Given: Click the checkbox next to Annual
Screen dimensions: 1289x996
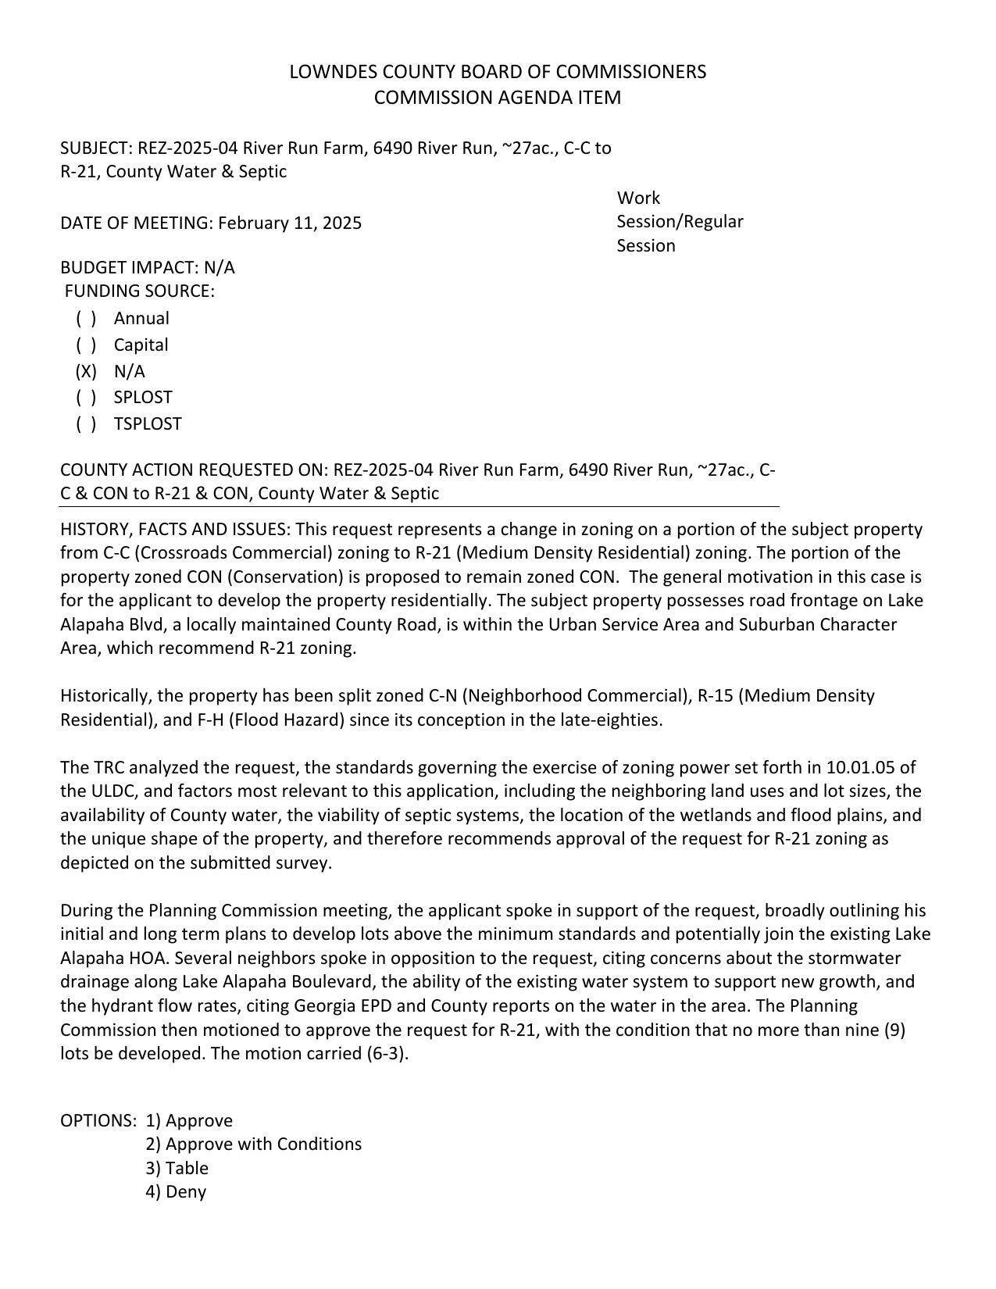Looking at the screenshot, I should pos(87,319).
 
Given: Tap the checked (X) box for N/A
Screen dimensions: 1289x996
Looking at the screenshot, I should pos(87,371).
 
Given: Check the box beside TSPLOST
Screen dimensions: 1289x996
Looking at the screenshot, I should pos(87,424).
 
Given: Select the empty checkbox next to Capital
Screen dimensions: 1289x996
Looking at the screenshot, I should pos(87,345).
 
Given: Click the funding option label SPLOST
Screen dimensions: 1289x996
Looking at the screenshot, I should pos(142,398).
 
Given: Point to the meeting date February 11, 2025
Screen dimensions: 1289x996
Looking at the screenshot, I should pos(290,223).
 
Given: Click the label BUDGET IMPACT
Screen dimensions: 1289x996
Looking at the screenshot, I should pos(129,268).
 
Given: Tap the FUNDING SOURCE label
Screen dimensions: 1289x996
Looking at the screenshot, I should pos(139,291).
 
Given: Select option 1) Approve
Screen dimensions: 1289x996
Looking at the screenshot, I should pos(189,1121).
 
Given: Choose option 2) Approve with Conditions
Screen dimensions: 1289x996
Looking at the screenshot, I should pos(253,1144).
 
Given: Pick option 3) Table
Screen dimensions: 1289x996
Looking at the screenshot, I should pos(177,1169).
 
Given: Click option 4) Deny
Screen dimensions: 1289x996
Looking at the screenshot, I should pos(176,1192).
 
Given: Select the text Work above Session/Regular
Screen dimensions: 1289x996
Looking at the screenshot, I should pos(638,198).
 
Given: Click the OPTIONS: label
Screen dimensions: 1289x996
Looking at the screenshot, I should pos(98,1121).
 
